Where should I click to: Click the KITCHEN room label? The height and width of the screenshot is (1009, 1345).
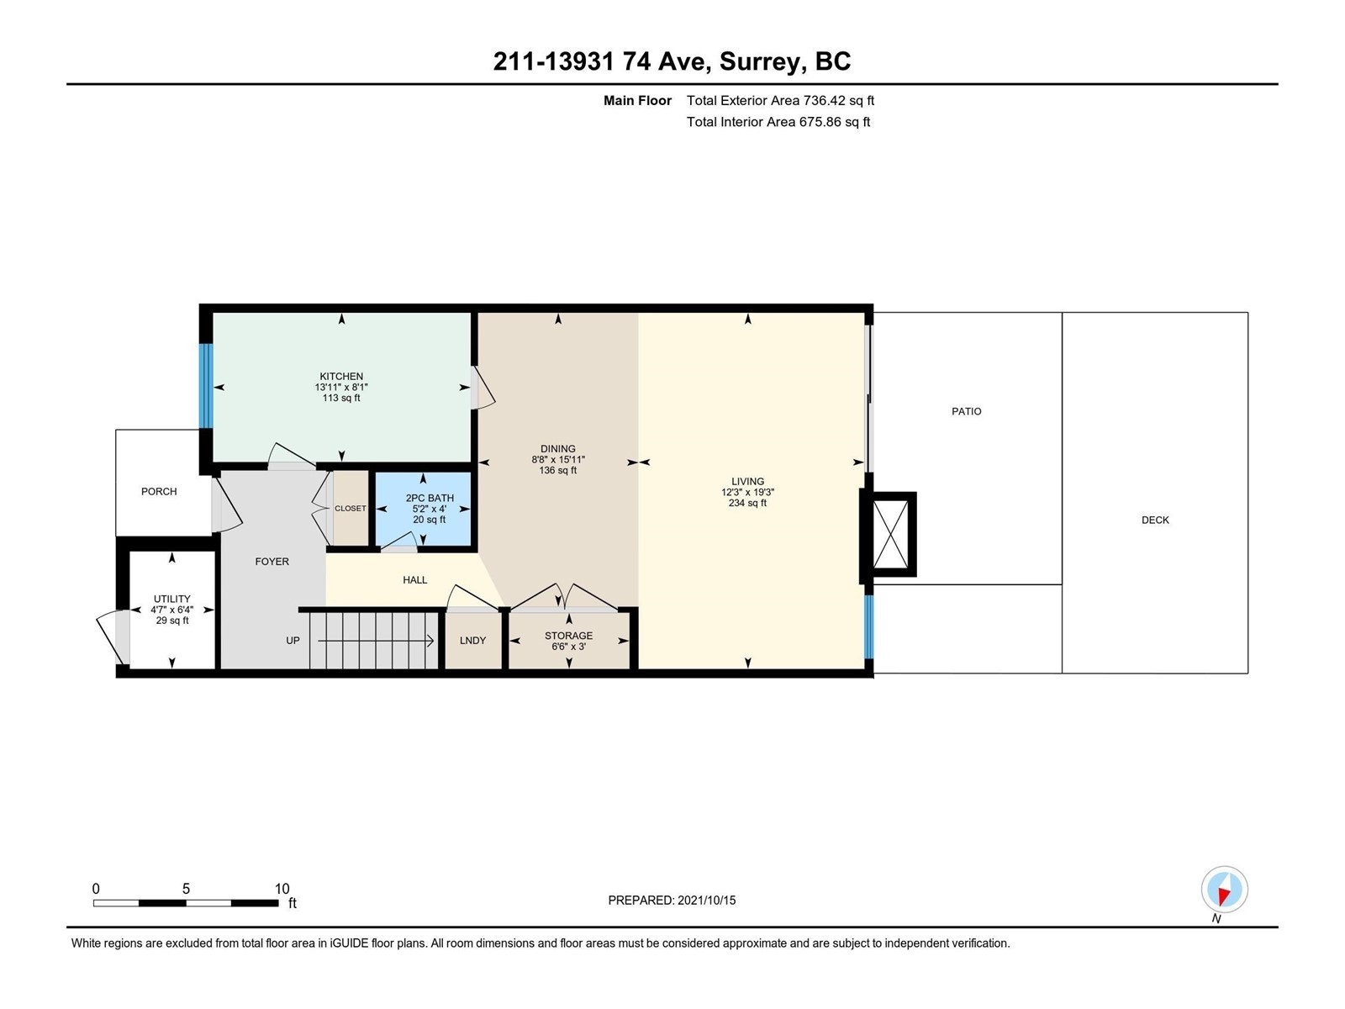coord(341,376)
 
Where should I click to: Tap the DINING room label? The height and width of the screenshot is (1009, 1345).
coord(557,448)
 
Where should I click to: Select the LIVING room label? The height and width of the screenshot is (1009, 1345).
coord(747,482)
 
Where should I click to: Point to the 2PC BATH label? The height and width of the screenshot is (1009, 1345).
coord(430,498)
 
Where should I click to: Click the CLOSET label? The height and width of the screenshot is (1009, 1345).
coord(351,509)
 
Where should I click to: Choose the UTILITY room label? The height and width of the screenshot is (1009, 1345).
coord(172,599)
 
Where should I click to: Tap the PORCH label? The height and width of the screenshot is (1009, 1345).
coord(159,491)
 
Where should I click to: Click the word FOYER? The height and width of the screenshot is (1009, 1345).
coord(272,561)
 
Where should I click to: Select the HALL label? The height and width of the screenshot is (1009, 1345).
coord(414,579)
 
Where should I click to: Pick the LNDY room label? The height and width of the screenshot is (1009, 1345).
coord(472,640)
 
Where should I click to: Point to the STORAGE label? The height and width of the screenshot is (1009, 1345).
coord(568,636)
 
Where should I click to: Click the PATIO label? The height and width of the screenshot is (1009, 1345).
coord(967,412)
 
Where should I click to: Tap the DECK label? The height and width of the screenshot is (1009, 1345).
coord(1155,520)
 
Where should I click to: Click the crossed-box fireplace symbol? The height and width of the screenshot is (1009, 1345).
coord(889,534)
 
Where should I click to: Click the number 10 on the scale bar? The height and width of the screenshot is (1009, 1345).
coord(282,889)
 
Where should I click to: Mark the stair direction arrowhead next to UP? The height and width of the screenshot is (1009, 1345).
coord(430,642)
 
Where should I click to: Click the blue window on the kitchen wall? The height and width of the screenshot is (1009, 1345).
coord(207,386)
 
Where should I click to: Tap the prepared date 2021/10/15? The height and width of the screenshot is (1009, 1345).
coord(706,901)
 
